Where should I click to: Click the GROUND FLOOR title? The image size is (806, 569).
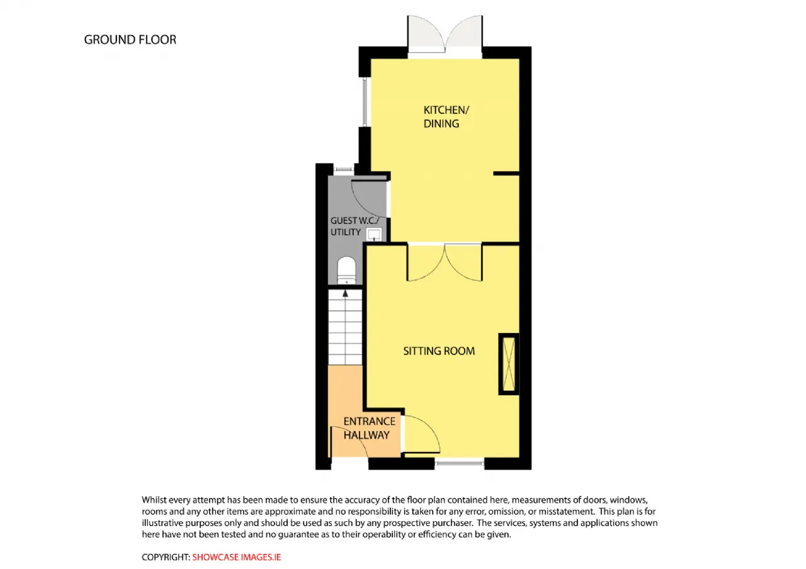tap(130, 40)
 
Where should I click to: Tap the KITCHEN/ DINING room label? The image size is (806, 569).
tap(446, 116)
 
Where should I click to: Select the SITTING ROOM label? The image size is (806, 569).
tap(439, 351)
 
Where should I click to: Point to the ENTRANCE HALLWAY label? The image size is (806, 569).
tap(369, 428)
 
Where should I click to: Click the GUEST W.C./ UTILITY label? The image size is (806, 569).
tap(355, 226)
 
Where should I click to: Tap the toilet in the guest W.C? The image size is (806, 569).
tap(346, 270)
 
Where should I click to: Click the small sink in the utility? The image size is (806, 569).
tap(374, 234)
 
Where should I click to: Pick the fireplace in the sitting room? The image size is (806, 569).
tap(508, 364)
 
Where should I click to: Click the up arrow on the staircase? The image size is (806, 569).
tap(346, 293)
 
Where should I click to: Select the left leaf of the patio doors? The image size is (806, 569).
tap(426, 35)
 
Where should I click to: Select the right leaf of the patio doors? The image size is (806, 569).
tap(464, 35)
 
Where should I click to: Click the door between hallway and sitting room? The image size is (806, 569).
tap(422, 434)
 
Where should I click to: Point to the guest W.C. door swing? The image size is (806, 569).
tap(370, 198)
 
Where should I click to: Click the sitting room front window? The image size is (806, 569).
tap(459, 463)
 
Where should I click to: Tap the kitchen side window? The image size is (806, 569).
tap(365, 102)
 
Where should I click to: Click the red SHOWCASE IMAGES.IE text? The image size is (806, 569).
tap(236, 557)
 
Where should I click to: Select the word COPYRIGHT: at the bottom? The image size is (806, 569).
tap(166, 557)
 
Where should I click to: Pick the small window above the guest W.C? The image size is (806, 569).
tap(344, 169)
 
